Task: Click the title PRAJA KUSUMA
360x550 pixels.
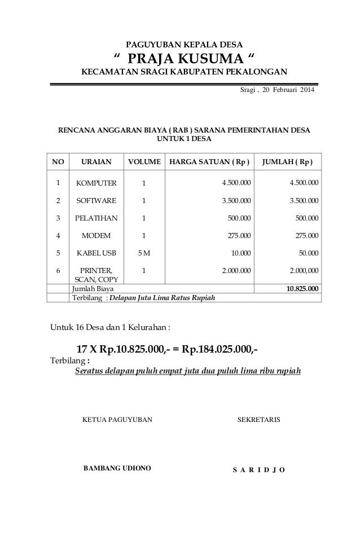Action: click(x=184, y=58)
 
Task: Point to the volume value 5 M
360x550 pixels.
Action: click(x=144, y=253)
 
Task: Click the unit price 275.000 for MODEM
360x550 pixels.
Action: click(x=237, y=235)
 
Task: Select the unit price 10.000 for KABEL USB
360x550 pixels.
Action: click(x=239, y=253)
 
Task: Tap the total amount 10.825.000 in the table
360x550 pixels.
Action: click(x=302, y=289)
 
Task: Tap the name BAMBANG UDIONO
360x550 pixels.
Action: click(x=117, y=468)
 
